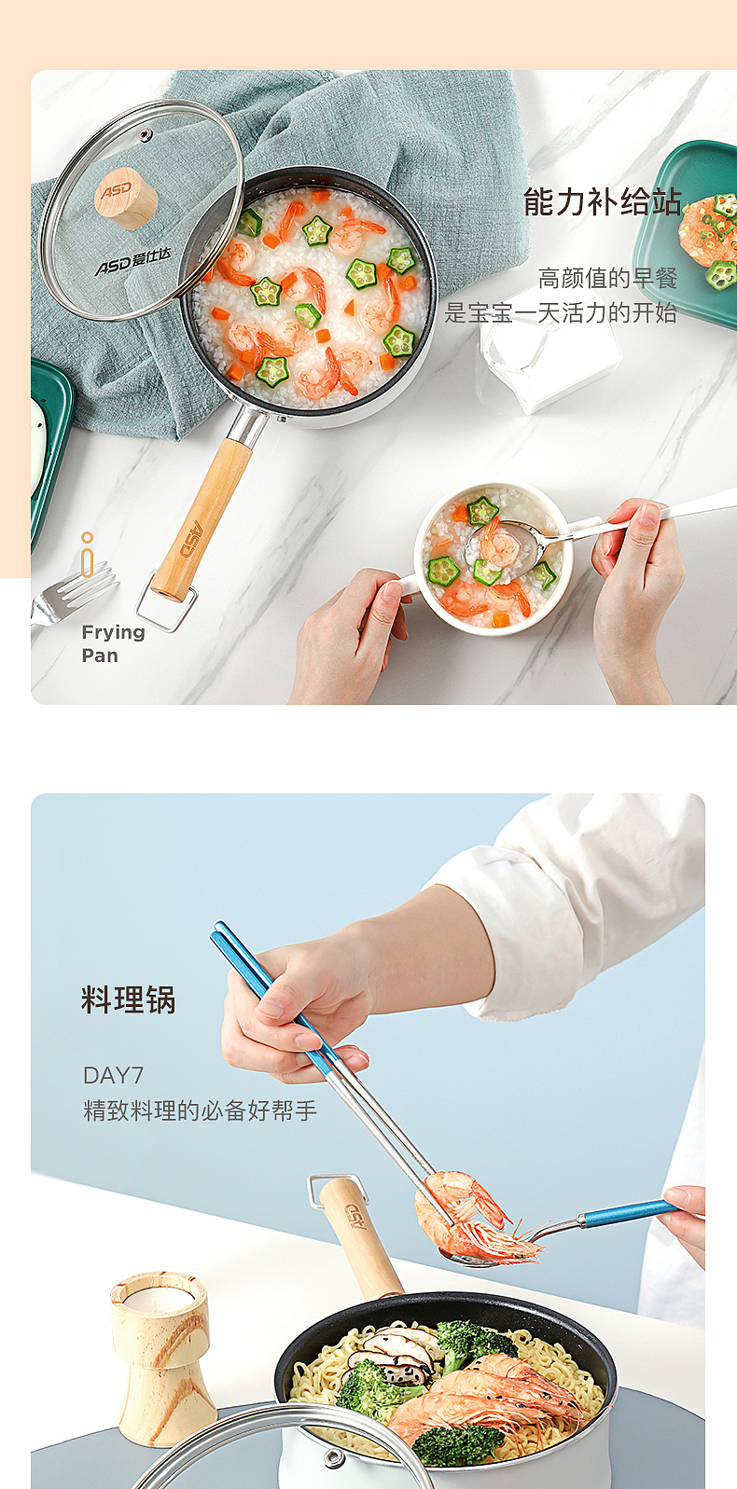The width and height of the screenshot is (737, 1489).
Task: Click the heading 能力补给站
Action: pos(602,201)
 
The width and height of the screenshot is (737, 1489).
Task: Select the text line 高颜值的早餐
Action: pos(607,278)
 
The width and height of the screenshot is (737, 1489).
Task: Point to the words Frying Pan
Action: pos(112,643)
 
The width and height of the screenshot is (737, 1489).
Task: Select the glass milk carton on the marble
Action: pos(550,354)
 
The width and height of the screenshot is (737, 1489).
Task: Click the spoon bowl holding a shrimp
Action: pos(505,548)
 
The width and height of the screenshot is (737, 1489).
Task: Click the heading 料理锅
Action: pos(129,1000)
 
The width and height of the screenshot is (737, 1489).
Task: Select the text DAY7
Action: pos(113,1075)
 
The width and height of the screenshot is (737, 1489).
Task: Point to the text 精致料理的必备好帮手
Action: pos(200,1110)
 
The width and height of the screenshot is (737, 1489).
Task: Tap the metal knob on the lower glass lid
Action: pos(331,1459)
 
